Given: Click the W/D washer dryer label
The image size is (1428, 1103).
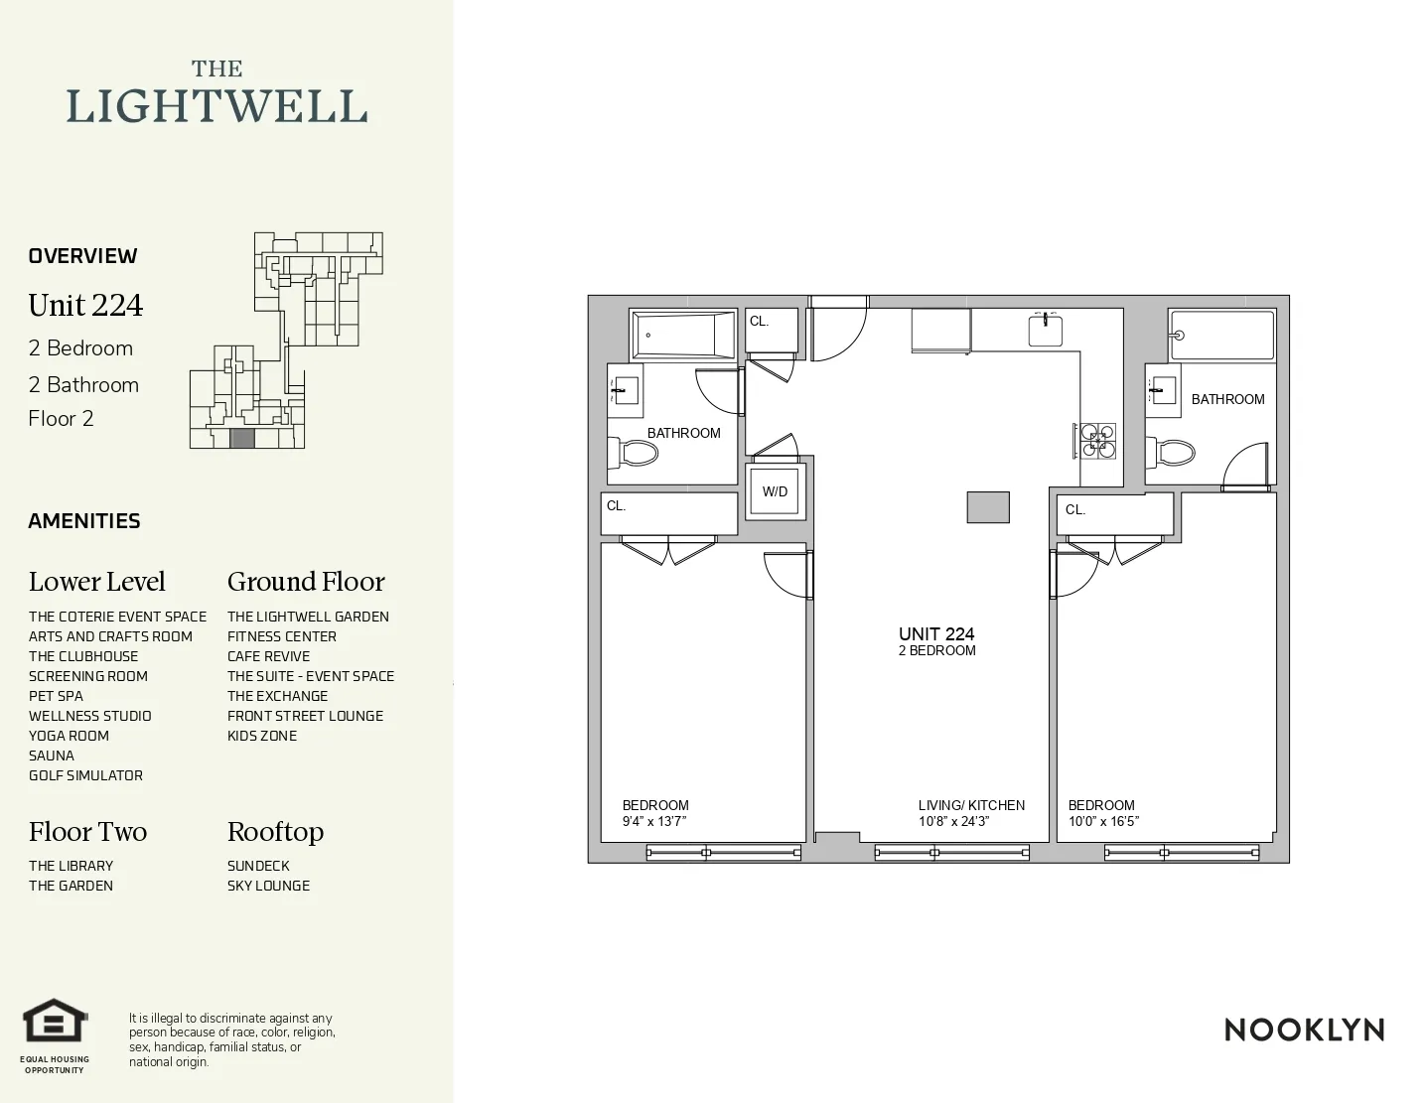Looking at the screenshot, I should coord(775,491).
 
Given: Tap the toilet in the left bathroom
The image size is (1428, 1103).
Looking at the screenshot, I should coord(635,454).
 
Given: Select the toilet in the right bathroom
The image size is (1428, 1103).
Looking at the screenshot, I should coord(1172,454).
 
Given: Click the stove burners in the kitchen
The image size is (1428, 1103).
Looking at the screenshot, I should coord(1096,440).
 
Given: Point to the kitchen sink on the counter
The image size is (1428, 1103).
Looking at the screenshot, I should coord(1046,330).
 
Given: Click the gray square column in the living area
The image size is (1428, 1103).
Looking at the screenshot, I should coord(988,506).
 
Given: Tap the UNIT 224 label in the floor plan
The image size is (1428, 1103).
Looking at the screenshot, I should coord(936,633).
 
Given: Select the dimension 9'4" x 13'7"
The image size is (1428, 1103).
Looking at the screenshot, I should coord(654,821).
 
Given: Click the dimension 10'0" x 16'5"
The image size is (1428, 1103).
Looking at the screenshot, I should coord(1103,821).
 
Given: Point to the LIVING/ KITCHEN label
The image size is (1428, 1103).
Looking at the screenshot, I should coord(971,805).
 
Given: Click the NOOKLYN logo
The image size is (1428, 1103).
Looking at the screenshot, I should coord(1304,1030).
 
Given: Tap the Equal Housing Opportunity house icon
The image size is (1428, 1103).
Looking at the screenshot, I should coord(56,1023).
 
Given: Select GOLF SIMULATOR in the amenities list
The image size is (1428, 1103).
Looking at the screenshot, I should coord(85,775).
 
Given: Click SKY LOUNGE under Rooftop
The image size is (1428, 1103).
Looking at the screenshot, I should coord(268,886).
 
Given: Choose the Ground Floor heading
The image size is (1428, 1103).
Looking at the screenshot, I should coord(306,582).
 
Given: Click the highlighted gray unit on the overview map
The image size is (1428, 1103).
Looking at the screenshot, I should coord(242,439).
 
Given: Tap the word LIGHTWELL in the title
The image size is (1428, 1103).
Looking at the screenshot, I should coord(216,106).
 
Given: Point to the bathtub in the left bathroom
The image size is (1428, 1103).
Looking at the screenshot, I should coord(683,335).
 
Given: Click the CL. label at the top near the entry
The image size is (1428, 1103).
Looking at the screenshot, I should coord(760,322).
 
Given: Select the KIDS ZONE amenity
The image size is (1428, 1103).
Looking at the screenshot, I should coord(262,736).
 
